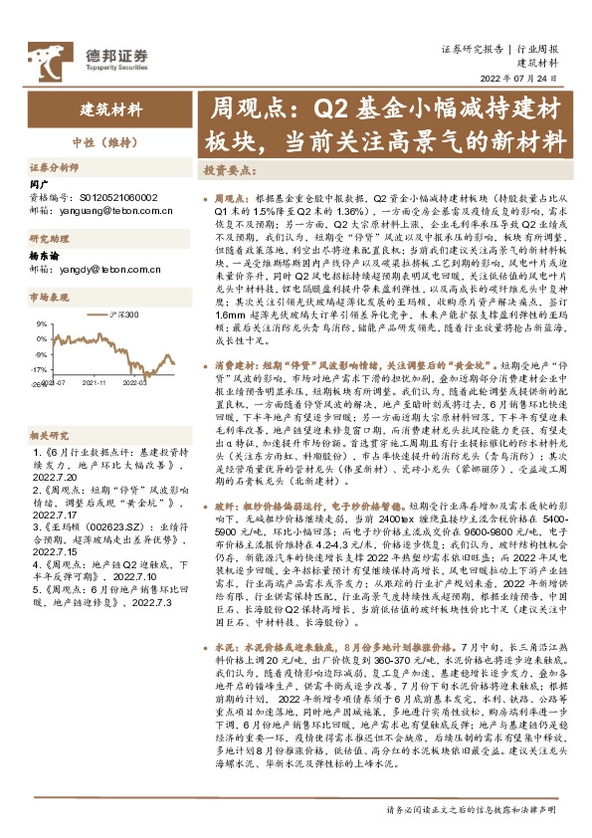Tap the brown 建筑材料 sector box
[110, 109]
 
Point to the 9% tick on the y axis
[41, 323]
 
